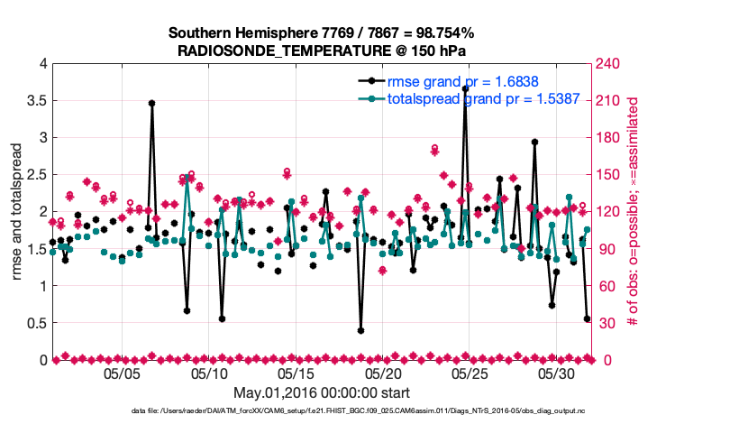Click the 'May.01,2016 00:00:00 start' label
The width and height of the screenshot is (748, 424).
[x=322, y=393]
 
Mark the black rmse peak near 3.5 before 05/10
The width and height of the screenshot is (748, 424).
[x=151, y=103]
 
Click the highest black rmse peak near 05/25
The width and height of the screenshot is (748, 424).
[x=465, y=88]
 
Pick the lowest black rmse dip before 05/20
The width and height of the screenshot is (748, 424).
[x=360, y=330]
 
